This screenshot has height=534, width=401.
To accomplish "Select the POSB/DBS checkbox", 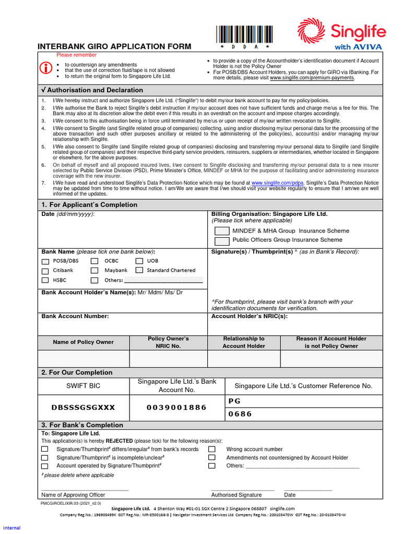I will tap(45, 261).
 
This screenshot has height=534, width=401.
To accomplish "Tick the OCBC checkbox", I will tap(95, 261).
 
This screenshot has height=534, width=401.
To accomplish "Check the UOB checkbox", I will tap(139, 261).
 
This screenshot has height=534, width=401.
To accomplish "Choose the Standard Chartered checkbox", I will tap(139, 270).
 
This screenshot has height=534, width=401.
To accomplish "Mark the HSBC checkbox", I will tap(45, 280).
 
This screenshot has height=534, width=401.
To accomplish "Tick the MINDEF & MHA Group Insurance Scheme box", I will tap(222, 231).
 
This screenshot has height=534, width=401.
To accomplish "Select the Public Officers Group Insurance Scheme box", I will tap(222, 240).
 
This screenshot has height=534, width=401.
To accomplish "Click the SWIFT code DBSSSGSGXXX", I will tap(83, 408).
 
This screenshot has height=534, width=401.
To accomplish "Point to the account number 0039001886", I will tap(176, 408).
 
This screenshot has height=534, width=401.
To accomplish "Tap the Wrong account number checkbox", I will tap(212, 449).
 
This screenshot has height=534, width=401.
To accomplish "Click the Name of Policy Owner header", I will tap(83, 342).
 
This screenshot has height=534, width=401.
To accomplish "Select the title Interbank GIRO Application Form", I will tap(114, 46).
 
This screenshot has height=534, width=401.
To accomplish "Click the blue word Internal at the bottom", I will tap(11, 528).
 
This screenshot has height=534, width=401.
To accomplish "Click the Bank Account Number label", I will tap(75, 316).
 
